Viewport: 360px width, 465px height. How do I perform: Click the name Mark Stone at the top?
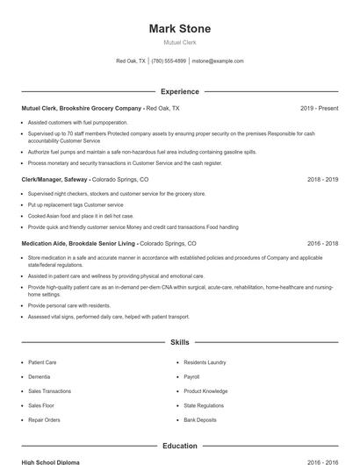180,29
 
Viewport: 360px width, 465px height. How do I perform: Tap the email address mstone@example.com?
217,61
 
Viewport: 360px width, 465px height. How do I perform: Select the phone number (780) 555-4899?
169,61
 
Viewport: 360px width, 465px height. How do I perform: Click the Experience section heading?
180,91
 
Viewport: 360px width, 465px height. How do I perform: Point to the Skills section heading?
180,342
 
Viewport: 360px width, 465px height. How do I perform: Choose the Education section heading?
180,446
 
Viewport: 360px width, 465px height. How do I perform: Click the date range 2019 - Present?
319,108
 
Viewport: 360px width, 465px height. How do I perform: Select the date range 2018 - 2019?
322,179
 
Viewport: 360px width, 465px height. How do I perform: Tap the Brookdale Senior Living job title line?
109,243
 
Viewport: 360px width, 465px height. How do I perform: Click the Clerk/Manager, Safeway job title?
54,179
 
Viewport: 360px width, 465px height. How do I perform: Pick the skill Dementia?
40,376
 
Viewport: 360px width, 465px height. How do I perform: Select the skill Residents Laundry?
205,361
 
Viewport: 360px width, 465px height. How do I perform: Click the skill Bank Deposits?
200,420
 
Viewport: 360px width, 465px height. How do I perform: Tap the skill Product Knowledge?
205,391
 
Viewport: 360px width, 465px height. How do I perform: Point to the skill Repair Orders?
44,420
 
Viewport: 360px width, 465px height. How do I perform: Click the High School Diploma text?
51,461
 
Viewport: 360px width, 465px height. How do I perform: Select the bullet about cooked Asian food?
81,215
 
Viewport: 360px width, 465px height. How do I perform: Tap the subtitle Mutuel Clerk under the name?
180,42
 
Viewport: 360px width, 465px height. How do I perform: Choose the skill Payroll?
191,376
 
